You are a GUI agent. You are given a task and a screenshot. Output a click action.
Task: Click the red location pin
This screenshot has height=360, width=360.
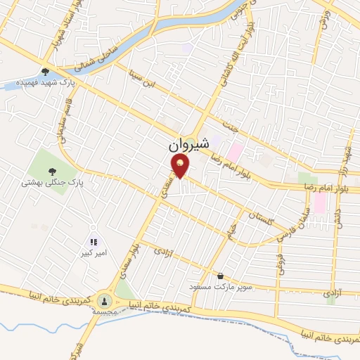click(180, 166)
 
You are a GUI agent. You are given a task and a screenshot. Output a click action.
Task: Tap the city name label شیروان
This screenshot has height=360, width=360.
click(189, 146)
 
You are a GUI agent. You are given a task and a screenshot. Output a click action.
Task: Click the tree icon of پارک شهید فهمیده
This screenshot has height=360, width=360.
click(46, 71)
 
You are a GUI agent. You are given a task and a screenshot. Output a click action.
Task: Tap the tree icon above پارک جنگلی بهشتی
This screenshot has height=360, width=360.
click(52, 171)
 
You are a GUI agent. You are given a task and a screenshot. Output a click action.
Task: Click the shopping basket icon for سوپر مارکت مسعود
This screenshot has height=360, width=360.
click(221, 276)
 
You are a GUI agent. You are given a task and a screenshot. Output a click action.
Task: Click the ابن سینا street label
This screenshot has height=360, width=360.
click(141, 79)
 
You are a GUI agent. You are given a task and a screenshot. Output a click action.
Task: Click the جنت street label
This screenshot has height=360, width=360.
click(233, 129)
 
